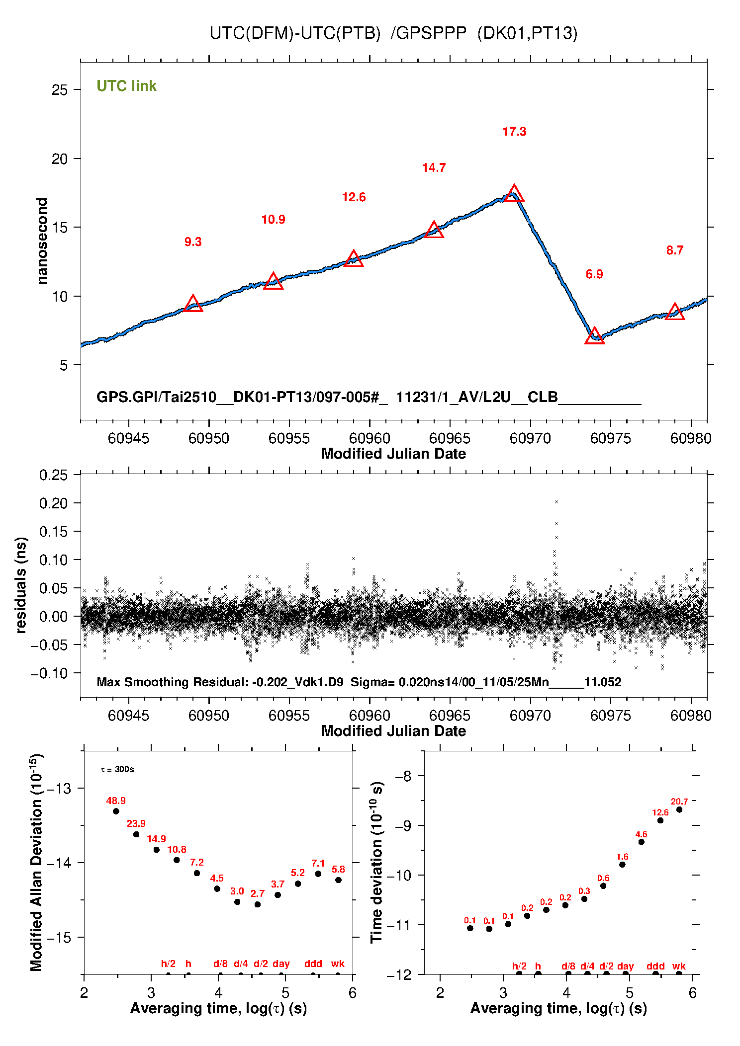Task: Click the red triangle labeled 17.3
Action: tap(514, 194)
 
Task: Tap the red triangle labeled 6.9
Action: tap(594, 337)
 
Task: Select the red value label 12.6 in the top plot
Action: tap(354, 197)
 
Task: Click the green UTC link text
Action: tap(126, 86)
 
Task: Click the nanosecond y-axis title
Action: tap(42, 241)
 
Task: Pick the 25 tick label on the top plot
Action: tap(59, 90)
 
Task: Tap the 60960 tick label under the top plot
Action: tap(370, 438)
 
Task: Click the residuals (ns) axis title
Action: tap(20, 585)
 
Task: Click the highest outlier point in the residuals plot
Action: tap(556, 502)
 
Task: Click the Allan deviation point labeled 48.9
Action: tap(116, 811)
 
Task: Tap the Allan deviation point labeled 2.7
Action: tap(258, 904)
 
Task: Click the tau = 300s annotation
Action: tap(117, 769)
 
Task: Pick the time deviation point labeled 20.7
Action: tap(679, 809)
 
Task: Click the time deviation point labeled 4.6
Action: tap(642, 842)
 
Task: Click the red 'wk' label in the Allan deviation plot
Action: tap(338, 964)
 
